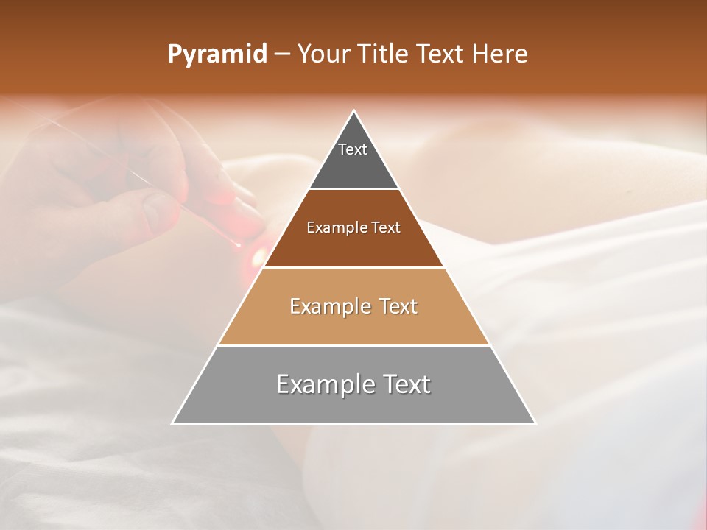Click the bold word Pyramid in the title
(217, 54)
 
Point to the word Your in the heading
(323, 54)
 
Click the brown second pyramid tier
(353, 247)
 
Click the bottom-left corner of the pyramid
(173, 423)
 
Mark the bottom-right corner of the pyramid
(535, 423)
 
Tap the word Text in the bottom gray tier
(404, 384)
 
